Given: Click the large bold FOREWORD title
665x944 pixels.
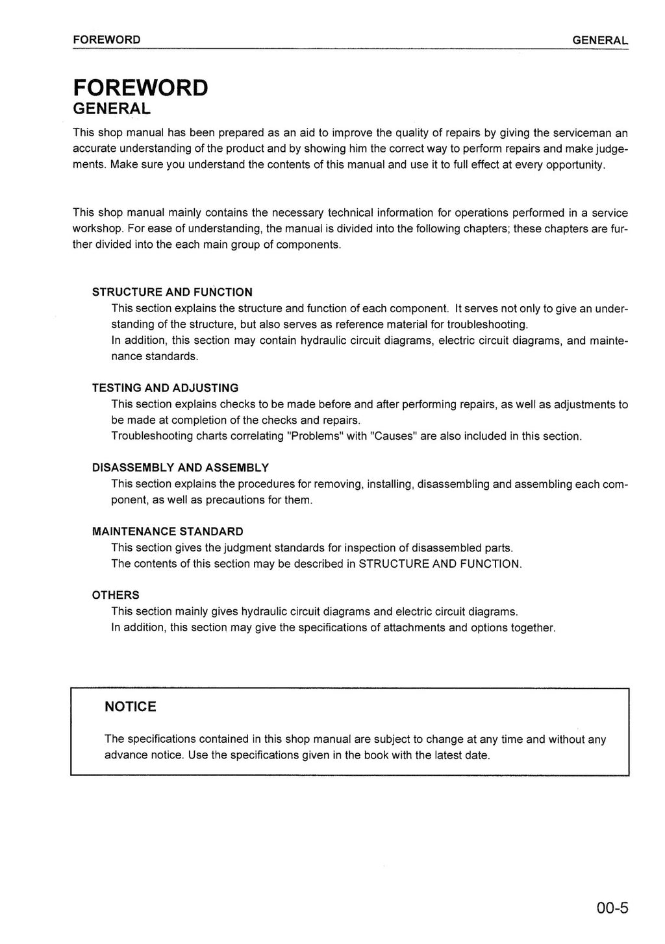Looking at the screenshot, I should [x=140, y=87].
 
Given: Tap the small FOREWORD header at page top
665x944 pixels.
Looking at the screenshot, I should [x=107, y=40].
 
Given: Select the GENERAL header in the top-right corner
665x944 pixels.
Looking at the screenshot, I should [x=600, y=40].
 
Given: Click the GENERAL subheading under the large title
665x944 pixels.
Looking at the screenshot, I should [x=112, y=108].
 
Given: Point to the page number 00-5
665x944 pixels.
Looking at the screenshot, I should [x=612, y=908].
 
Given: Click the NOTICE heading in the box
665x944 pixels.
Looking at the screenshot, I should [x=131, y=707].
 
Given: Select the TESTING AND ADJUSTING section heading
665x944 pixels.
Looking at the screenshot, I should [x=165, y=388].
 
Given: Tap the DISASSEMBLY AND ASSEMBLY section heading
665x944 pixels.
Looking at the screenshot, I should [x=181, y=468].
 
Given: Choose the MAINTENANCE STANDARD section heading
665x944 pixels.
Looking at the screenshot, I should [x=168, y=532].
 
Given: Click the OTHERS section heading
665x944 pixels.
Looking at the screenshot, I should [x=116, y=595].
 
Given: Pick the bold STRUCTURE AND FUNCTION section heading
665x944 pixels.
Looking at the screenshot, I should [x=172, y=292].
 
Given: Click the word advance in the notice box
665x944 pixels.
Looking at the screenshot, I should [x=125, y=755].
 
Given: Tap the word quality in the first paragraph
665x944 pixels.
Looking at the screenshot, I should [x=412, y=133].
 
